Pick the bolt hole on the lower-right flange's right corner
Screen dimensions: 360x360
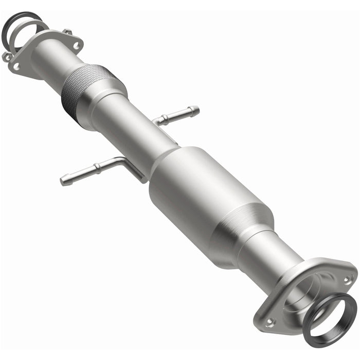coord(348,280)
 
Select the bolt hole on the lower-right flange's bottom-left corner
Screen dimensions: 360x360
coord(269,322)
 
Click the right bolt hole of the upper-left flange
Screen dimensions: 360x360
coord(76,46)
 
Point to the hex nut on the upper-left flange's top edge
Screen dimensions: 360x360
coord(67,32)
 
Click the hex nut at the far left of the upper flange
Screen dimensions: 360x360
coord(6,57)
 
